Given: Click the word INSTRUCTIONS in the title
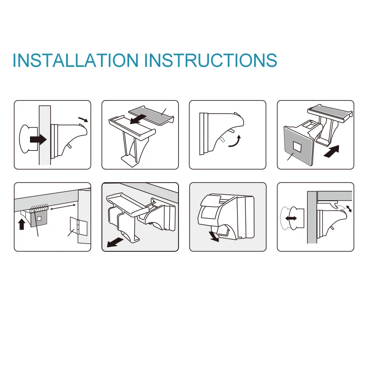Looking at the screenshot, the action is (211, 60).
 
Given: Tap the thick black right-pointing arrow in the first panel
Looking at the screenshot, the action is (38, 140).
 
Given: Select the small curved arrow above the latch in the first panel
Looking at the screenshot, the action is (83, 119).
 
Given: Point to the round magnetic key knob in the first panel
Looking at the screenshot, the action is (25, 139).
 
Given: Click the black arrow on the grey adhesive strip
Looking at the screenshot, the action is (138, 119).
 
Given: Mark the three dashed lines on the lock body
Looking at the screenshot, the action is (222, 139).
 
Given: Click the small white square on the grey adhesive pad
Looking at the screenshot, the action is (297, 146).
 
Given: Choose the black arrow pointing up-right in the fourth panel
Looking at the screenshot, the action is (332, 151).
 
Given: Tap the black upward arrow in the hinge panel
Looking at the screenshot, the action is (22, 224).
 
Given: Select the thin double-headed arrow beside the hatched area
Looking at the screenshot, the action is (63, 207).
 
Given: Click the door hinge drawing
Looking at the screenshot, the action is (78, 226).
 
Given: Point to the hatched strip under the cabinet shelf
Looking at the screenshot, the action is (39, 208).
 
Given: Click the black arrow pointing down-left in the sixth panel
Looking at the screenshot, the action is (115, 243).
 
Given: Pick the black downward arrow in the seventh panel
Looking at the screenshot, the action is (214, 237).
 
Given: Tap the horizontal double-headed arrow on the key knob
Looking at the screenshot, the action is (291, 218).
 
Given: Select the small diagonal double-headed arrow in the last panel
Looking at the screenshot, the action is (349, 209).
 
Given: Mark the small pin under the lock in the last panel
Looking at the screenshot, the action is (332, 227).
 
